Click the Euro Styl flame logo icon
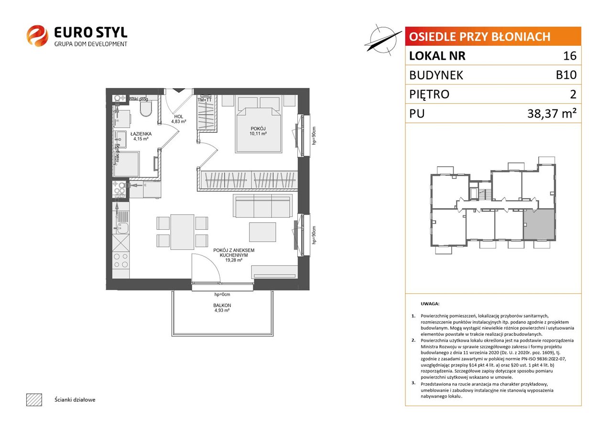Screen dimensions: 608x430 coord(37,36)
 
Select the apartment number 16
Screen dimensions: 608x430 coord(570,55)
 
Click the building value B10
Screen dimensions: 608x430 coord(566,75)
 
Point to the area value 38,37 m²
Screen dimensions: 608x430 coord(552,113)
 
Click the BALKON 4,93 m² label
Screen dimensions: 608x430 coord(222,308)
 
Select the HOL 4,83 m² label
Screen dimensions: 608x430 coord(179,119)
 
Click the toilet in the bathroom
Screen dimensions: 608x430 coord(146,108)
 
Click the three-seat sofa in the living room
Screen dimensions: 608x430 coord(262,205)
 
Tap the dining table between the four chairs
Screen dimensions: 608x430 coord(182,232)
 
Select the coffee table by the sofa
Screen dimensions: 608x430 coord(262,232)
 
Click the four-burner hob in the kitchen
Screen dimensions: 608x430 coord(121,260)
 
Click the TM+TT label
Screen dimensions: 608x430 coord(205,100)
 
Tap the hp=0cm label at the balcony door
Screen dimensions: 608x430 coord(222,294)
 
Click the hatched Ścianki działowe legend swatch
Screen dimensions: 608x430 coord(34,399)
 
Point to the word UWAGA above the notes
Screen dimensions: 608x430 coord(430,304)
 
